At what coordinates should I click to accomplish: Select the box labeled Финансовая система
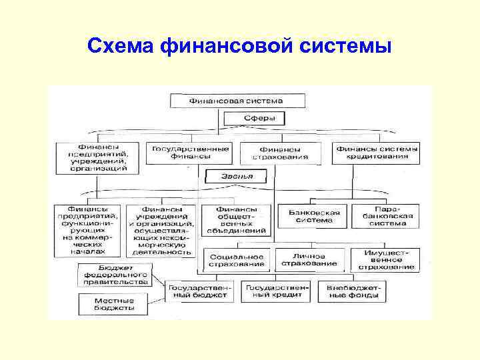pos(237,101)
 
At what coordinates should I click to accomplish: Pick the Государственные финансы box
pos(190,152)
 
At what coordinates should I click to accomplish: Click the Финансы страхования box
pos(280,153)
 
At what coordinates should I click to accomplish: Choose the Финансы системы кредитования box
pos(377,153)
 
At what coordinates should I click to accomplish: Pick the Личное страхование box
pos(309,260)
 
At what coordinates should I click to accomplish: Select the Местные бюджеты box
pos(105,304)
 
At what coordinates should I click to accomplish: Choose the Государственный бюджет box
pos(200,291)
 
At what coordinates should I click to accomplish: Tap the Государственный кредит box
pos(275,291)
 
